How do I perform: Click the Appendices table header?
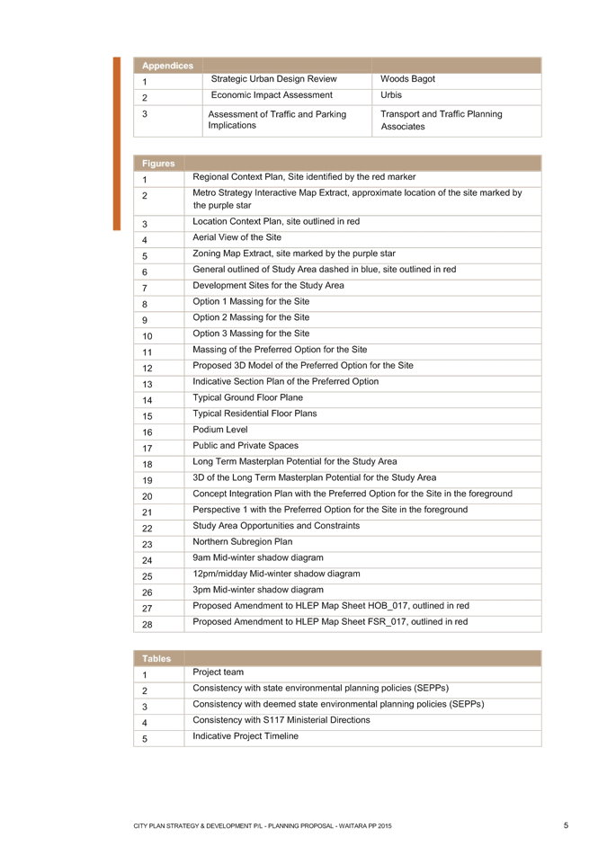[x=167, y=66]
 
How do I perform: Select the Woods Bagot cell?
[x=407, y=79]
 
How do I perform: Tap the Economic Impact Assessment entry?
[x=272, y=95]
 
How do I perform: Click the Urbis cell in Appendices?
[x=391, y=95]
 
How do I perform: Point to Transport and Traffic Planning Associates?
[x=441, y=120]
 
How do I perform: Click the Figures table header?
[x=158, y=164]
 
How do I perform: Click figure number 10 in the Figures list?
[x=147, y=336]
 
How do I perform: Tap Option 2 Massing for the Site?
[x=251, y=317]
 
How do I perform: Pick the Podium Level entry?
[x=220, y=430]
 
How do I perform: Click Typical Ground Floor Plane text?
[x=247, y=397]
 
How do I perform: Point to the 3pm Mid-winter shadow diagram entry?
[x=258, y=590]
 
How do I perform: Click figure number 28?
[x=147, y=625]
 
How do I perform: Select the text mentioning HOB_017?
[x=331, y=606]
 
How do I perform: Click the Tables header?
[x=156, y=659]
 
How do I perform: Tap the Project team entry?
[x=218, y=672]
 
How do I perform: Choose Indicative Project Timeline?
[x=245, y=736]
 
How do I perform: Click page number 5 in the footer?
[x=567, y=825]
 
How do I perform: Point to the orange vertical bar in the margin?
[x=117, y=144]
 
